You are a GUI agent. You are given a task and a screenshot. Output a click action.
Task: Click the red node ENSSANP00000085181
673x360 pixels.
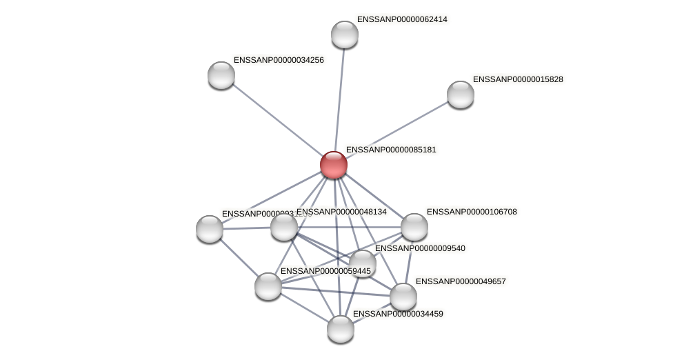[x=333, y=165]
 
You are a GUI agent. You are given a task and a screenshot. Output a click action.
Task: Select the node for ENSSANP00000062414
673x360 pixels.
[x=344, y=34]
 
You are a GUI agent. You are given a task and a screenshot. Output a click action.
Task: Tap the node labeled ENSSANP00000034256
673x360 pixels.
[x=221, y=75]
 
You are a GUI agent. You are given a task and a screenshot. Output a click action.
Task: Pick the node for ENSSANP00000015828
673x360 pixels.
[x=460, y=94]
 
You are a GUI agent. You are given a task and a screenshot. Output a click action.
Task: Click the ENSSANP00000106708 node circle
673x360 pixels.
[x=414, y=227]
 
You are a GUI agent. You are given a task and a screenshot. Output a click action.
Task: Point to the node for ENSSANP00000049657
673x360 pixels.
[x=403, y=297]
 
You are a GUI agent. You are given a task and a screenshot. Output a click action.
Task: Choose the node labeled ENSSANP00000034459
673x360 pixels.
[x=340, y=329]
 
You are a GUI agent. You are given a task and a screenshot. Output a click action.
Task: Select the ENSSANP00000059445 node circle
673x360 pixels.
[x=268, y=286]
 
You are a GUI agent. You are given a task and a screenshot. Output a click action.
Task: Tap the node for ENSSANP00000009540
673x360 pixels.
[x=362, y=263]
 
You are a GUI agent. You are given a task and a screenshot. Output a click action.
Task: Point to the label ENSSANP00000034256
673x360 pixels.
[x=278, y=60]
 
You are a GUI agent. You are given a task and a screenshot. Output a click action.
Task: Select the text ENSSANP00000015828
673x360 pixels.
[x=517, y=79]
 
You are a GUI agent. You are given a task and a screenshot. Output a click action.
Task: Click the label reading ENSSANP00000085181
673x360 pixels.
[x=390, y=150]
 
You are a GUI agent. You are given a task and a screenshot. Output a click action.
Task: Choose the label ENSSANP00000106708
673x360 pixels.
[x=471, y=212]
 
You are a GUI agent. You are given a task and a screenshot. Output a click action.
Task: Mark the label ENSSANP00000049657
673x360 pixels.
[x=460, y=281]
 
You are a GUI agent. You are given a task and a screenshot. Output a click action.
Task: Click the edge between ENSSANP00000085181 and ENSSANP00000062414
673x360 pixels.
[x=339, y=100]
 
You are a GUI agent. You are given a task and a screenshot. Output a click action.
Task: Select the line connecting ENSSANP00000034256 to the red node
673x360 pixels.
[x=277, y=120]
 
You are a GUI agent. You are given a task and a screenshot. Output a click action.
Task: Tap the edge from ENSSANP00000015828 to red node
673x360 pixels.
[x=396, y=130]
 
